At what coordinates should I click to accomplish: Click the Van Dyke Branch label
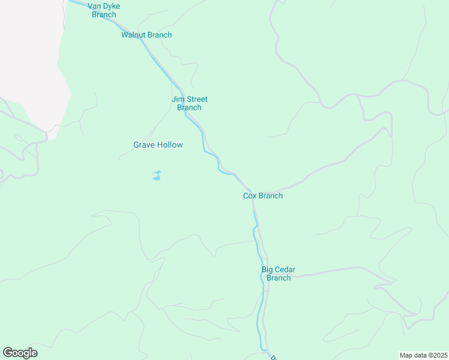tap(104, 10)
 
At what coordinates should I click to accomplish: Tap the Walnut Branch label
tap(146, 35)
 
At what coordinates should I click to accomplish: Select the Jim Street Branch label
tap(189, 103)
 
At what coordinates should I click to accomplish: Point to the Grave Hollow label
tap(158, 145)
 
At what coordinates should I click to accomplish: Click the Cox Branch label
tap(263, 196)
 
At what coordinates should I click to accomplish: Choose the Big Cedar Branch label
tap(279, 274)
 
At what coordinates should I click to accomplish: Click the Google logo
tap(20, 353)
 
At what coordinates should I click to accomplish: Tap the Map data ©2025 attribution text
tap(424, 355)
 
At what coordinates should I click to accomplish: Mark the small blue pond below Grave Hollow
tap(157, 176)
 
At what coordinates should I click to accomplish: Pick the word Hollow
tap(170, 145)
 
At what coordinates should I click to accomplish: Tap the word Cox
tap(250, 196)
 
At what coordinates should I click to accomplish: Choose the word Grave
tap(144, 145)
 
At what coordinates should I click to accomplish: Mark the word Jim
tap(177, 99)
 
